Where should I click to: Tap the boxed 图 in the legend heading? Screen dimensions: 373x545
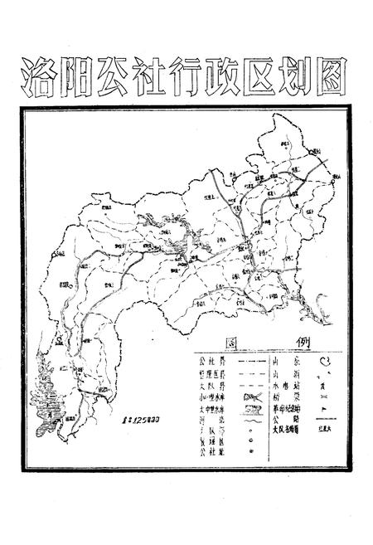(231, 343)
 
